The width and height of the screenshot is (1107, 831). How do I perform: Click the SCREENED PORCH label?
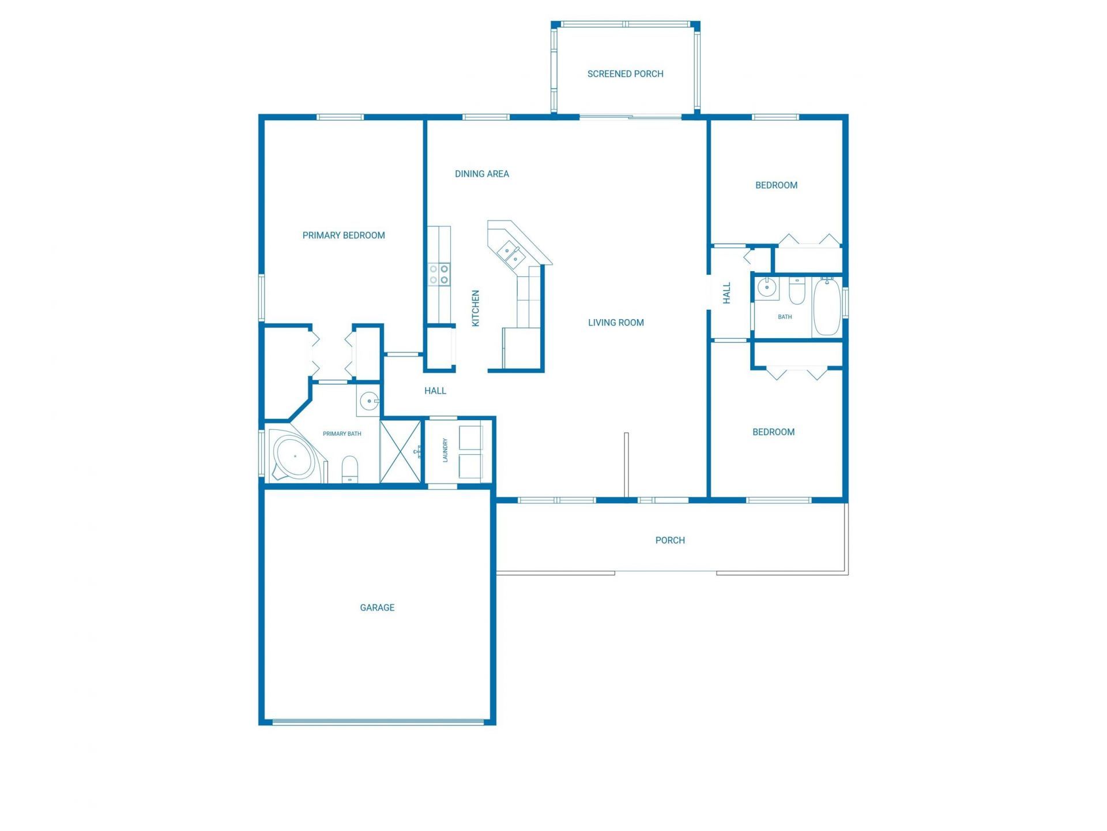[625, 74]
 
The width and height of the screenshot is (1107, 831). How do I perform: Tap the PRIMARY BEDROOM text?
[344, 235]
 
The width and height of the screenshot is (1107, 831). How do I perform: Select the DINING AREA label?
[481, 174]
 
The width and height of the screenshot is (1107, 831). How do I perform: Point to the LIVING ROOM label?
[616, 323]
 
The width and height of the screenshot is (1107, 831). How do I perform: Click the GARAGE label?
[377, 608]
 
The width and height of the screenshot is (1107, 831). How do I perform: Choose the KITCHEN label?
[476, 308]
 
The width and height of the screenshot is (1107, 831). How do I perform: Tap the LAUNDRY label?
[445, 450]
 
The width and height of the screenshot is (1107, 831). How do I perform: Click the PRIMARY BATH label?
[342, 434]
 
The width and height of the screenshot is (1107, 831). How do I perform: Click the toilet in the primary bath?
[350, 468]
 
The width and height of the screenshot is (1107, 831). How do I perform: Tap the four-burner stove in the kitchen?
[439, 274]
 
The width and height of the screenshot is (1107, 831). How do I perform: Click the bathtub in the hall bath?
[827, 306]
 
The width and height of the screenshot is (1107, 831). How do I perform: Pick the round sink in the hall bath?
[767, 287]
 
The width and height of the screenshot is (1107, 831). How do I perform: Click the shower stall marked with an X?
[401, 451]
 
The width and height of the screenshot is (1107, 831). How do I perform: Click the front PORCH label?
[670, 540]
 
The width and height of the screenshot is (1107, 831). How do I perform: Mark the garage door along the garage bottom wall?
[378, 721]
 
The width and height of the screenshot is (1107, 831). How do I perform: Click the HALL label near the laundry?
[435, 391]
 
